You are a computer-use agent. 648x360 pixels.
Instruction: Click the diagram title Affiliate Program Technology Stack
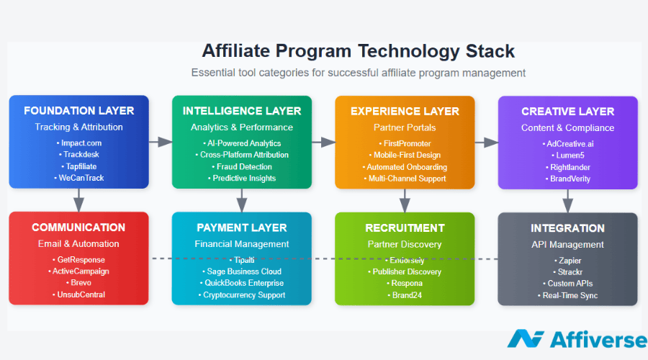pos(358,52)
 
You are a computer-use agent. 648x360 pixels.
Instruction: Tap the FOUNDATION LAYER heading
pos(79,111)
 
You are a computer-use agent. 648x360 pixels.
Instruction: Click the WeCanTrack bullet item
pos(79,178)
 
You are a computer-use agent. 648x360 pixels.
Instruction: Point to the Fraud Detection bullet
pos(242,167)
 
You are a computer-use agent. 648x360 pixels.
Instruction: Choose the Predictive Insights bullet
pos(242,179)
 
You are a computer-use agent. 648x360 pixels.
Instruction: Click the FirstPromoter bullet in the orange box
pos(405,144)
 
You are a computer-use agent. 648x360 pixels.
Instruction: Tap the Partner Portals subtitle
pos(405,127)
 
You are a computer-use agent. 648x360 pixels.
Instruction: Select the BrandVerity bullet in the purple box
pos(568,179)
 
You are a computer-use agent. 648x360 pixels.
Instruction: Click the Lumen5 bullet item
pos(568,156)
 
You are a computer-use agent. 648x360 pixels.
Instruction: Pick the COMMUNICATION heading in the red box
pos(78,228)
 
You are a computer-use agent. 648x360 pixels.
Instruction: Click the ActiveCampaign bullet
pos(78,271)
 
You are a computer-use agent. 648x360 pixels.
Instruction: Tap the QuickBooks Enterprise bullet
pos(242,283)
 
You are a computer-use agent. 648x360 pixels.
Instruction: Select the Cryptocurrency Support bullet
pos(242,295)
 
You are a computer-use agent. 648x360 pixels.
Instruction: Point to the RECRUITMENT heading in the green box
pos(405,228)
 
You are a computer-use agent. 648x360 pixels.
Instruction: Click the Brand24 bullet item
pos(405,295)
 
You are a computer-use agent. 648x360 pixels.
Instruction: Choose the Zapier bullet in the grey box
pos(568,261)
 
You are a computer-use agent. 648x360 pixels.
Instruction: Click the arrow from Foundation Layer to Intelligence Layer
pos(161,142)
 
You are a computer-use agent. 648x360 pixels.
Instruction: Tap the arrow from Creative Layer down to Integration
pos(568,201)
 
